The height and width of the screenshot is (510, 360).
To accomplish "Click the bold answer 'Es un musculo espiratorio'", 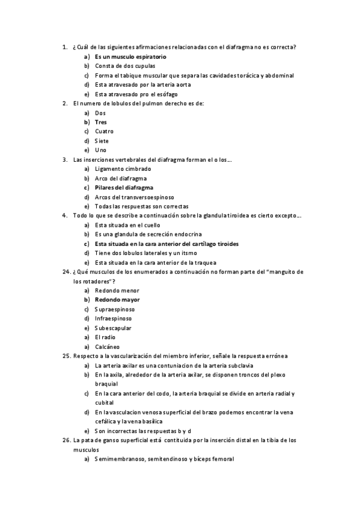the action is [130, 57].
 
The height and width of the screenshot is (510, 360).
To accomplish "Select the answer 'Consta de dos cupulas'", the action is [124, 66].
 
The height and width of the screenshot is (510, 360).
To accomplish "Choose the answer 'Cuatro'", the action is [104, 131].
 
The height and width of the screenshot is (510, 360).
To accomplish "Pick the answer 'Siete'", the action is [102, 141].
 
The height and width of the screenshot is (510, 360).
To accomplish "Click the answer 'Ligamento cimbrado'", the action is [123, 169].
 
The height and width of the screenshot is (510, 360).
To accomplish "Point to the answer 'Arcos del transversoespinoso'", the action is [134, 197].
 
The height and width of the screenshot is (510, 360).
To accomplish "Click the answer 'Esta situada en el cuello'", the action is [127, 225].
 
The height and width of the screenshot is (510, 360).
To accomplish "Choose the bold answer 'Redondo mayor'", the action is [117, 300].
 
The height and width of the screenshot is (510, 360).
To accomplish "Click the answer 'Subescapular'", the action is [113, 328].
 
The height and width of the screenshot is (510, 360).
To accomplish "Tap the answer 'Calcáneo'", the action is [107, 346].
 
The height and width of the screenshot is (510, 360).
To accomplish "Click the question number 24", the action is [67, 272].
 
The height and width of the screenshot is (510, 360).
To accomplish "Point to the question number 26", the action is [67, 440].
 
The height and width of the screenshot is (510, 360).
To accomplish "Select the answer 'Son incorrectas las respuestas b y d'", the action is [142, 431].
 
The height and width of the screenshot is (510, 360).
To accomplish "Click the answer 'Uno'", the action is [100, 150].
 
